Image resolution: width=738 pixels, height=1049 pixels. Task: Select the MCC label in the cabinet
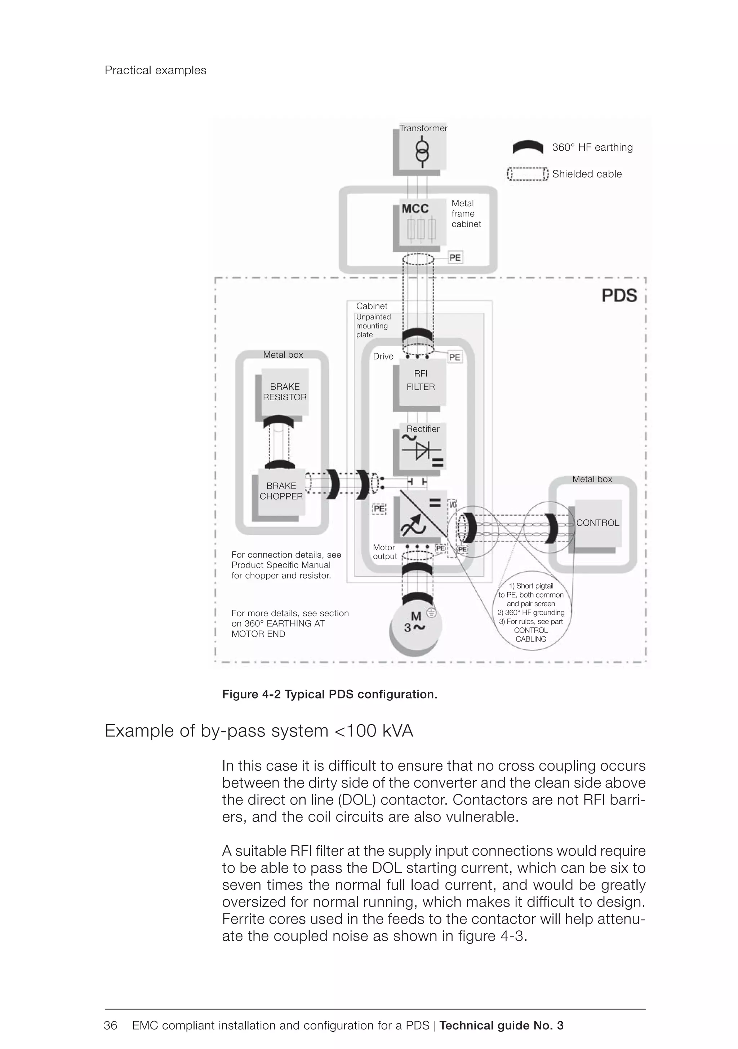(415, 209)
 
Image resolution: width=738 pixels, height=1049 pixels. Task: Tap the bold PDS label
(619, 296)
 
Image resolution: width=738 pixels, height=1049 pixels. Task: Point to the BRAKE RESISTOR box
(285, 392)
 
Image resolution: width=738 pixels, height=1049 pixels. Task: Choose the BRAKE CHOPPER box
(281, 491)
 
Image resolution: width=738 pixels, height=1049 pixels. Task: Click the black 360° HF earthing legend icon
(528, 147)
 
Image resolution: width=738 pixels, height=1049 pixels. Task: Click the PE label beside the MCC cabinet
(455, 258)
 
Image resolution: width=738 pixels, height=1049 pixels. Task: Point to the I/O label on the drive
(453, 504)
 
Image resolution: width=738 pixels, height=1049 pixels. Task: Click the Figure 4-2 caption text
(329, 695)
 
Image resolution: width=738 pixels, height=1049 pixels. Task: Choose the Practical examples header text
(155, 70)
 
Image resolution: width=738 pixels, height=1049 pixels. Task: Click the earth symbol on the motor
(431, 613)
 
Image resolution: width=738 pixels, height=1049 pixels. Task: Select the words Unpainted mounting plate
(373, 326)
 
